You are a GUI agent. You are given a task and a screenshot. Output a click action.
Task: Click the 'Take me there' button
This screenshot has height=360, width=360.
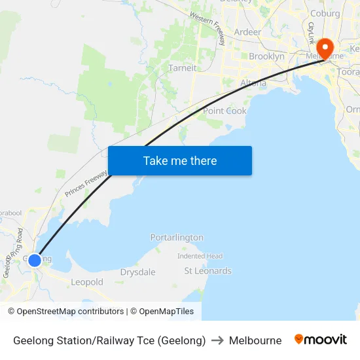[x=180, y=160]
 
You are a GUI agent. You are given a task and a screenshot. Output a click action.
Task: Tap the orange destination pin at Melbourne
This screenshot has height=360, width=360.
[x=325, y=48]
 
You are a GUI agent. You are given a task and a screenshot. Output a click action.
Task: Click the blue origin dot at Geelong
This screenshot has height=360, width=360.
[x=35, y=260]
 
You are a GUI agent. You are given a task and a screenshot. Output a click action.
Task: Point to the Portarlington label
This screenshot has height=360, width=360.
[x=177, y=237]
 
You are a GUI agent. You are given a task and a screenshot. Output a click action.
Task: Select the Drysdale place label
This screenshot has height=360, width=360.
[x=138, y=272]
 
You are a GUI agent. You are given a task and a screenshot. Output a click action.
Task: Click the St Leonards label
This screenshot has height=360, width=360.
[x=207, y=270]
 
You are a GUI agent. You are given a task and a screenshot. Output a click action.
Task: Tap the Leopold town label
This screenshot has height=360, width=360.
[x=87, y=282]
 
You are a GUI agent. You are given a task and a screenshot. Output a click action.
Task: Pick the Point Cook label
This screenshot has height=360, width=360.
[x=225, y=111]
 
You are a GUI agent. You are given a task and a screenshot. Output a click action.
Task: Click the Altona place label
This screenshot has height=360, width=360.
[x=253, y=83]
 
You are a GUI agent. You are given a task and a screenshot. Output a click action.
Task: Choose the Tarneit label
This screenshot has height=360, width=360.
[x=182, y=67]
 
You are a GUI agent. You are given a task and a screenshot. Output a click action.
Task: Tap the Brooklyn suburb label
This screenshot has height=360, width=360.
[x=266, y=56]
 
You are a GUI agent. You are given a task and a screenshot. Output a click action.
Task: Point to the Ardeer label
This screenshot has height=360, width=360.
[x=247, y=31]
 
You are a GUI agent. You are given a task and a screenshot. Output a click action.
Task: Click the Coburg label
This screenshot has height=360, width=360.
[x=325, y=13]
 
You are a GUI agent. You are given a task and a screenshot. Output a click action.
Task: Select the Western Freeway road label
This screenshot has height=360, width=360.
[x=207, y=27]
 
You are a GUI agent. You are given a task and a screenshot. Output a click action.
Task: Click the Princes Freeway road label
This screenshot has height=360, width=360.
[x=86, y=181]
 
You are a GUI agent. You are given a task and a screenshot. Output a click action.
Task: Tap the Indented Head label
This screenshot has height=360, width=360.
[x=200, y=256]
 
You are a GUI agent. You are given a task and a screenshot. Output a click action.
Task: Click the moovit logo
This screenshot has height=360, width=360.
[x=320, y=340]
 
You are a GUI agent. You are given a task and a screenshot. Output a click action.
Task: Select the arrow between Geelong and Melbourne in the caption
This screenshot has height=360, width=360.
[x=217, y=340]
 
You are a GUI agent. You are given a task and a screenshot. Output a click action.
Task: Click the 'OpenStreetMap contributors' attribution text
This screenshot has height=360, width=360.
[x=66, y=312]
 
